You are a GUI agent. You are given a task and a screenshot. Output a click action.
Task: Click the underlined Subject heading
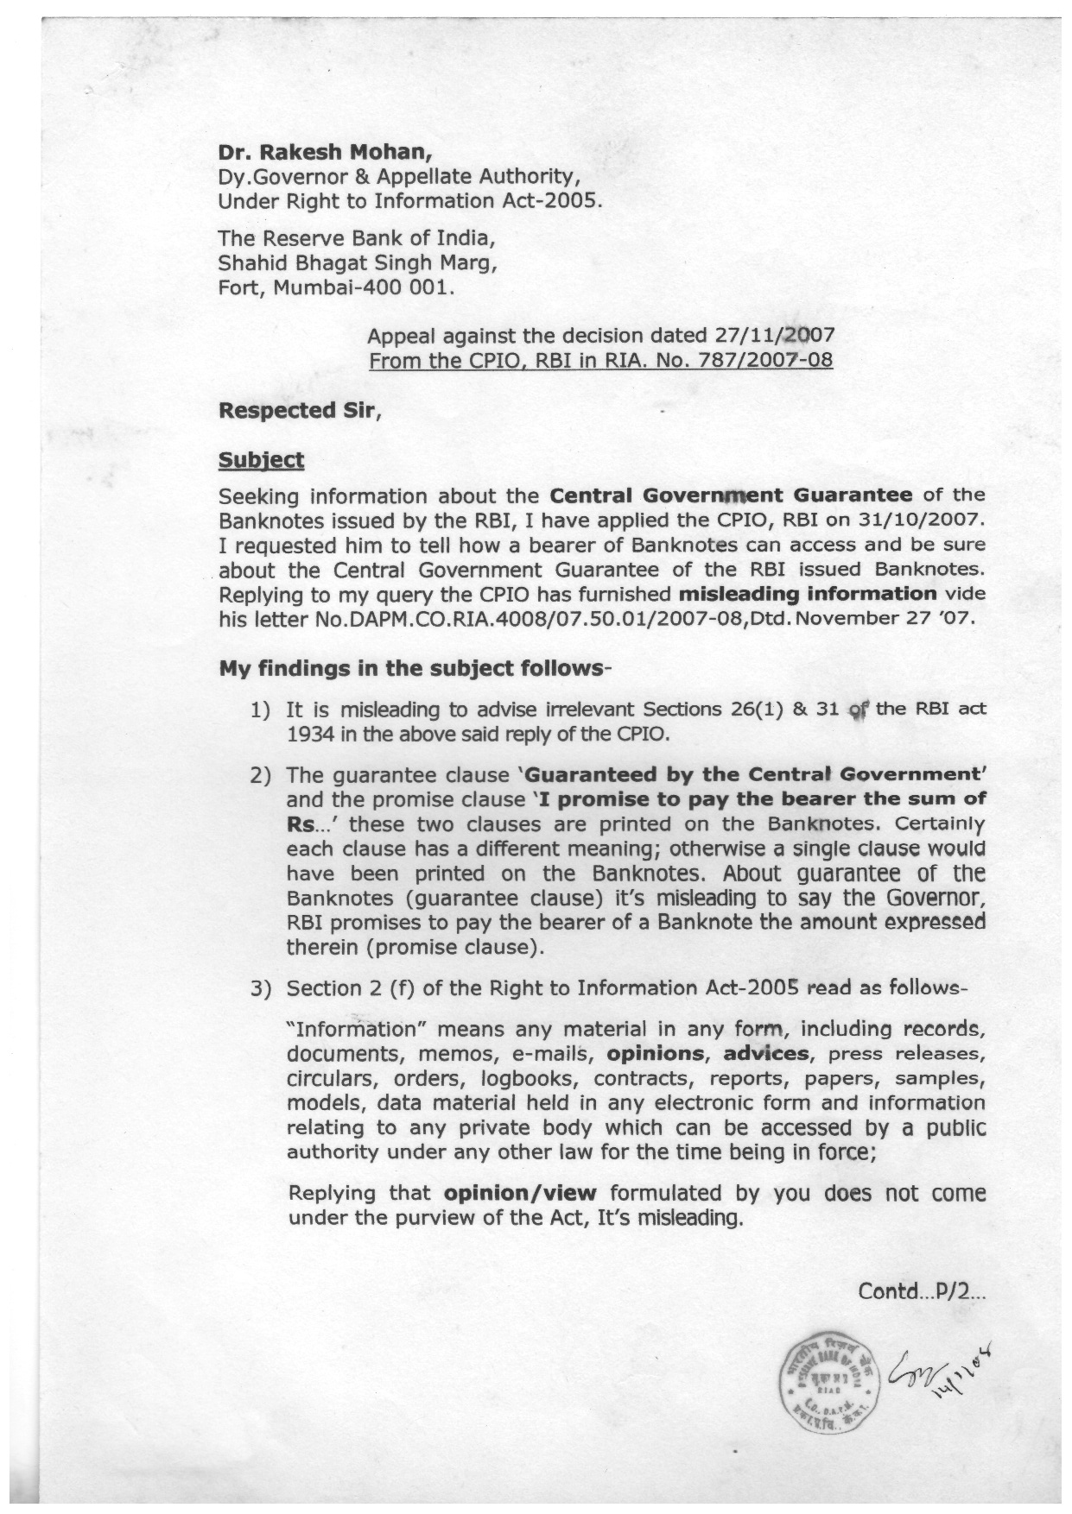click(x=261, y=460)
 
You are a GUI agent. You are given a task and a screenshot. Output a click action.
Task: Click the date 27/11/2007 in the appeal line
click(x=776, y=336)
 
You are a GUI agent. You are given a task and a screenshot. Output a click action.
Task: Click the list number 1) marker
click(x=261, y=710)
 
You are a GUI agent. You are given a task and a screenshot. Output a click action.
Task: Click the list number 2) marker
click(x=261, y=775)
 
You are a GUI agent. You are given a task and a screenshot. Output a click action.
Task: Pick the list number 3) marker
click(x=261, y=988)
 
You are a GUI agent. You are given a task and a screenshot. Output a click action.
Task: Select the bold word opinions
click(x=655, y=1054)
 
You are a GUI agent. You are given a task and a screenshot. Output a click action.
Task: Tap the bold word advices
click(x=766, y=1054)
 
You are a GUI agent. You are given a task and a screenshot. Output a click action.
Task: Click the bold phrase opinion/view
click(x=519, y=1194)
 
